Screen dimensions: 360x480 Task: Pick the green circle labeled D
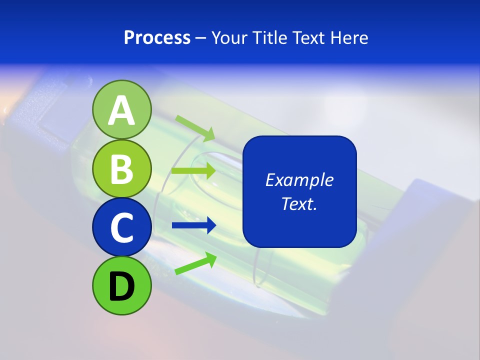point(121,285)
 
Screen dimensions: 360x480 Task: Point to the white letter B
point(121,168)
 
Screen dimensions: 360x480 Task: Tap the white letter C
point(121,227)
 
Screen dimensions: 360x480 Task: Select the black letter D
point(121,286)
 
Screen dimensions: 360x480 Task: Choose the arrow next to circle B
point(193,171)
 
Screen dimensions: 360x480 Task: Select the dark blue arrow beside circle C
point(193,225)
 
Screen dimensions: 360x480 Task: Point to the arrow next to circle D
point(195,263)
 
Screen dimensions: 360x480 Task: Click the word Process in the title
point(157,37)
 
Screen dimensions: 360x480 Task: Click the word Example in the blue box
point(299,180)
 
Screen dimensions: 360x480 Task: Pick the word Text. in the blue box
point(299,203)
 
